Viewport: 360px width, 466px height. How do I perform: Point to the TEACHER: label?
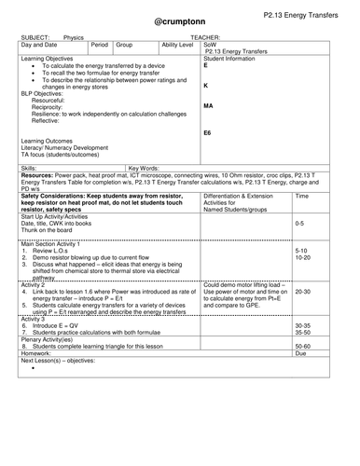point(203,39)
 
